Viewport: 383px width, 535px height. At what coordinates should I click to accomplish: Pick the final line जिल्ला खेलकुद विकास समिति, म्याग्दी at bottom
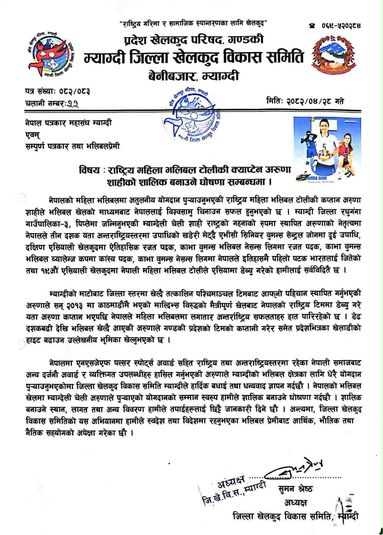point(295,516)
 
